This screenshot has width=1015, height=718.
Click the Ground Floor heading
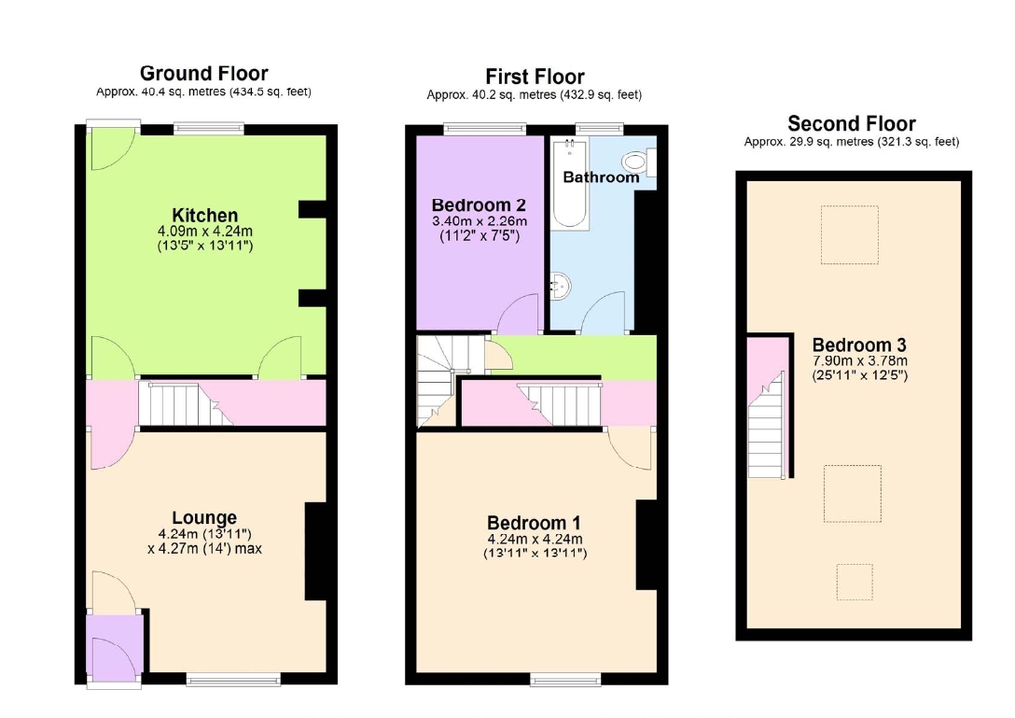point(204,73)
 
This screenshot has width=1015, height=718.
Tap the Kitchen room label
point(205,215)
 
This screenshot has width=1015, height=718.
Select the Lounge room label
point(204,518)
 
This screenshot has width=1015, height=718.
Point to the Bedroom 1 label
point(534,523)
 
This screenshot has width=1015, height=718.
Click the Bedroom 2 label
point(479,205)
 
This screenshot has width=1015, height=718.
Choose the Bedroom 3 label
point(859,345)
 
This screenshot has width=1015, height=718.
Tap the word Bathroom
point(601,176)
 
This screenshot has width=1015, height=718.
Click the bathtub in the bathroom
point(570,183)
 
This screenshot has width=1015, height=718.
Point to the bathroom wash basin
point(561,285)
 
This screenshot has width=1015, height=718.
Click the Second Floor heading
point(851,123)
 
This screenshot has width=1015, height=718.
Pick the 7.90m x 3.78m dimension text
point(859,361)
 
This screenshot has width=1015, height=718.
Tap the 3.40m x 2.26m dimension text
point(480,221)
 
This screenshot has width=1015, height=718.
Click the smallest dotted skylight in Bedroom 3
point(855,582)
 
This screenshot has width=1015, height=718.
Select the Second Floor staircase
point(767,425)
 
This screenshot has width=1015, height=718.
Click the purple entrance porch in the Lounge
point(114,645)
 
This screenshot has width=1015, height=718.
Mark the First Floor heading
point(535,77)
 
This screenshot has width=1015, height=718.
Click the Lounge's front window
point(233,679)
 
